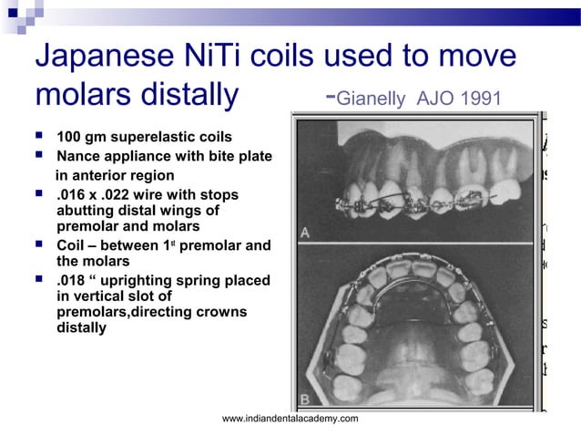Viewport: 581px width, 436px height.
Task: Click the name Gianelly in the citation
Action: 374,98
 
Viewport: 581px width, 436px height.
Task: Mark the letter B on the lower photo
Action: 306,399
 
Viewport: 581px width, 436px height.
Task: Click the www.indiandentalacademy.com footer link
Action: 290,418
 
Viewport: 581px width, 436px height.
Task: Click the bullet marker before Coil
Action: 42,244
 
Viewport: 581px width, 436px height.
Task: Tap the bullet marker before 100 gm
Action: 42,138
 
